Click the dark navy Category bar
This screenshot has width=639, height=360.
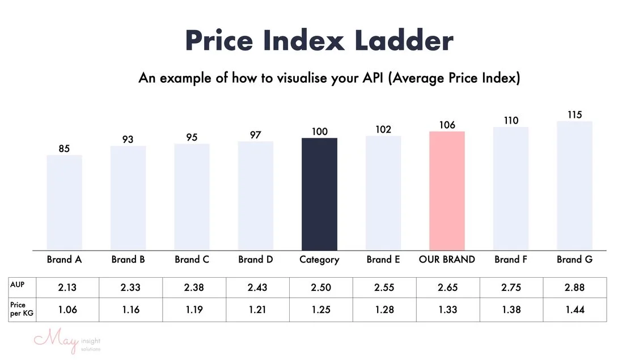click(319, 194)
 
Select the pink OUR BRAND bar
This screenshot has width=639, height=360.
click(447, 190)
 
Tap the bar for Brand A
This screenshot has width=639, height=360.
click(64, 202)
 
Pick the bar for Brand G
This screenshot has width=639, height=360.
click(574, 185)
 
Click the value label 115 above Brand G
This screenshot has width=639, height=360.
click(574, 115)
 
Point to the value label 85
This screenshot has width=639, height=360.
click(64, 149)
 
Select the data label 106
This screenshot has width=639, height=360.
click(447, 125)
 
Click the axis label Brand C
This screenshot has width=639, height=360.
click(192, 260)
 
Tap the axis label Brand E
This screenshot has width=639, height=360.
click(383, 260)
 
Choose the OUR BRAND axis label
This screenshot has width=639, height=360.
click(447, 260)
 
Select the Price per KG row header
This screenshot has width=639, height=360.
click(18, 310)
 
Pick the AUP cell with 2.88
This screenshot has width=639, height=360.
click(574, 288)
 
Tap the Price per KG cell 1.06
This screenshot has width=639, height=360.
click(67, 310)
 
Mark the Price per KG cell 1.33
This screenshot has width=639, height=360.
click(447, 310)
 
